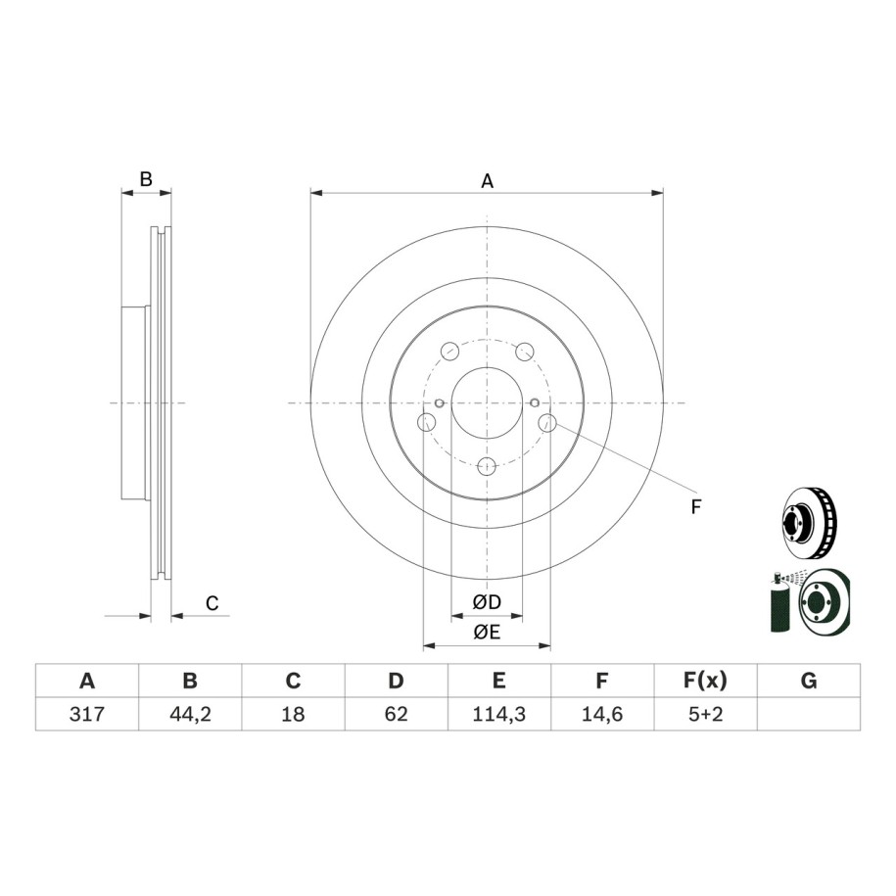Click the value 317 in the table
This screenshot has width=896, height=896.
(87, 714)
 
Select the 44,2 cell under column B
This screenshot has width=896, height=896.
(190, 714)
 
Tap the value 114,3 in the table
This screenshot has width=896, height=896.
(498, 714)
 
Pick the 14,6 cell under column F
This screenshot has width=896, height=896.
(601, 714)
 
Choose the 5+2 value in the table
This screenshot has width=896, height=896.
(705, 714)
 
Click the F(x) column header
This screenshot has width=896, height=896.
(705, 681)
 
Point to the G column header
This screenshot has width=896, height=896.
(809, 681)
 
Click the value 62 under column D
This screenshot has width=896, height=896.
(396, 714)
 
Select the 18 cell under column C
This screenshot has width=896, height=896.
(293, 714)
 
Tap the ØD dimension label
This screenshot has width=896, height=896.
(487, 601)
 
